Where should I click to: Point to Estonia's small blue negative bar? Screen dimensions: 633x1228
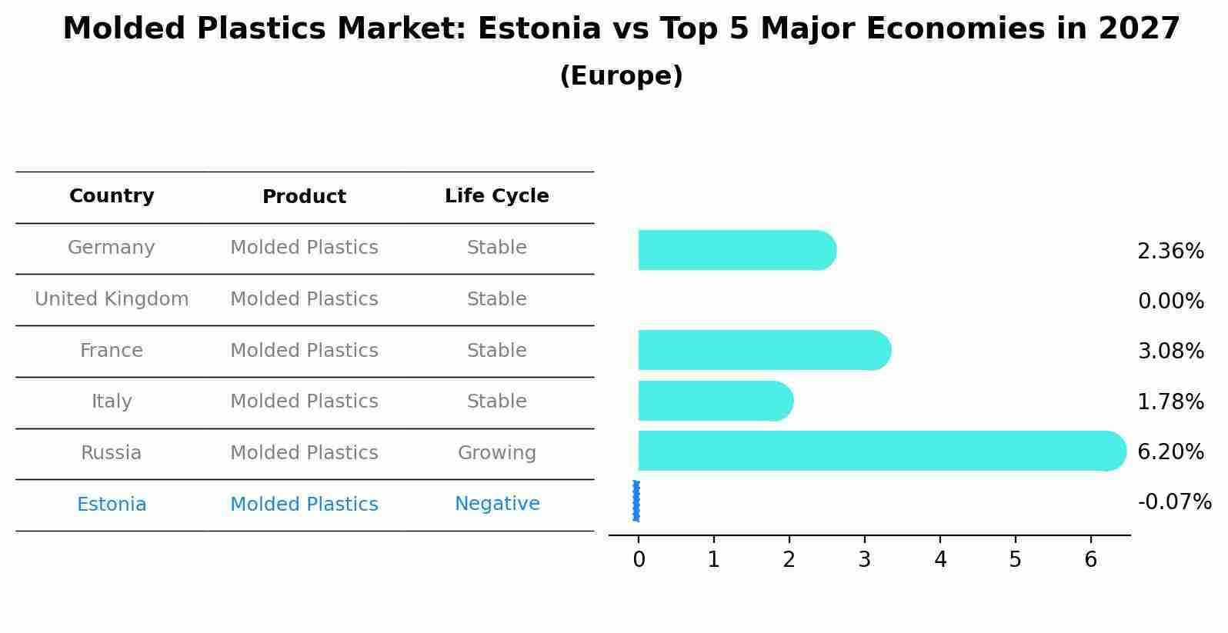(x=636, y=501)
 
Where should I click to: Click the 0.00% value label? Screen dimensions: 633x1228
(x=1170, y=302)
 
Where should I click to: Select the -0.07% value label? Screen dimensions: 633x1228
(x=1174, y=502)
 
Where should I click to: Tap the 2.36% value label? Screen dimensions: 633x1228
(x=1170, y=252)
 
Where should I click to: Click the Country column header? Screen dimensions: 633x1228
(x=112, y=196)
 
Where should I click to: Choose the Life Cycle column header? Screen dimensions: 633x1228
(x=496, y=196)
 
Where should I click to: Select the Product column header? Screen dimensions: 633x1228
(x=304, y=197)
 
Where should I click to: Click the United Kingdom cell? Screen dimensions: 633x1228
(x=112, y=299)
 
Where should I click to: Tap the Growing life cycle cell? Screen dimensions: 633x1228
(x=496, y=453)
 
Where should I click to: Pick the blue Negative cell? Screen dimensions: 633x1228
(x=497, y=504)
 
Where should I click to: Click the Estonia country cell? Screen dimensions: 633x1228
(x=112, y=505)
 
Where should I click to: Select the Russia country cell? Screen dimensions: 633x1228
(x=112, y=453)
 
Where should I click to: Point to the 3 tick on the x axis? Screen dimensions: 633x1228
(x=865, y=560)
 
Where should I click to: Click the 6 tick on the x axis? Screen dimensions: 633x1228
(x=1090, y=560)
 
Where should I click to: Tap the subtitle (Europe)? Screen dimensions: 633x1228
(x=621, y=76)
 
